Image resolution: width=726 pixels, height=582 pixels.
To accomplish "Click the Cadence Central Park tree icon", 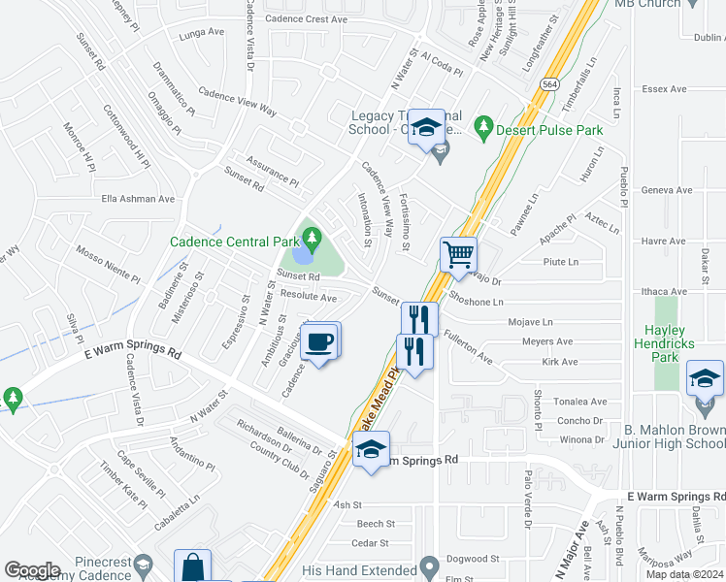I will click(311, 236).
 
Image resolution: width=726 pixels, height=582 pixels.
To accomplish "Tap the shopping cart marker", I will click(458, 255).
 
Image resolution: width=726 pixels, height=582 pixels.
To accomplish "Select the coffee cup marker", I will click(319, 341).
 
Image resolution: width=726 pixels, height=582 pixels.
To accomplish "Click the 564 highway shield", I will click(548, 83).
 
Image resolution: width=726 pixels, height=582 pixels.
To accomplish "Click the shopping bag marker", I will click(192, 567).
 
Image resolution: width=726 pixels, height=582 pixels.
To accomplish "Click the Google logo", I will click(33, 570).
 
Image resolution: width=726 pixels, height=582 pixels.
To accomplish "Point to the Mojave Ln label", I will click(530, 321).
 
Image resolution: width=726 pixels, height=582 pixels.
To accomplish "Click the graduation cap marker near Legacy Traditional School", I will click(425, 127).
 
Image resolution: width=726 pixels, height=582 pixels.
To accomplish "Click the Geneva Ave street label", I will click(667, 190).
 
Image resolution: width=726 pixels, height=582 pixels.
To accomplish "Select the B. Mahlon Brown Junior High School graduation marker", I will click(705, 378).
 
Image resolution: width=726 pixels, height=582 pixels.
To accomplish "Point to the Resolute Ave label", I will click(308, 297).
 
